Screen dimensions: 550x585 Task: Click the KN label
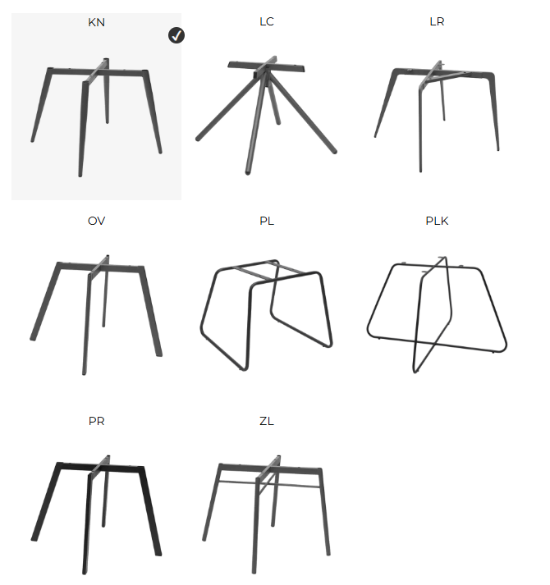point(96,22)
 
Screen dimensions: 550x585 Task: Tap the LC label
point(267,21)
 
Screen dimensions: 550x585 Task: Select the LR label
point(437,21)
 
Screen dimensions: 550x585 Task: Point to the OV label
point(96,221)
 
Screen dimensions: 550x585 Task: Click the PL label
point(267,221)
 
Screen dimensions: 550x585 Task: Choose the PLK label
point(437,221)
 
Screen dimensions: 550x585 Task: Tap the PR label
point(96,421)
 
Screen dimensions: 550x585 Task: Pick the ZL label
point(267,421)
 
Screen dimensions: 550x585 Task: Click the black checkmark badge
point(176,35)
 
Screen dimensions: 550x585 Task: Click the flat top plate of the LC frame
point(266,66)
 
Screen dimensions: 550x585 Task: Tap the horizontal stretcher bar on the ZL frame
point(268,484)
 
